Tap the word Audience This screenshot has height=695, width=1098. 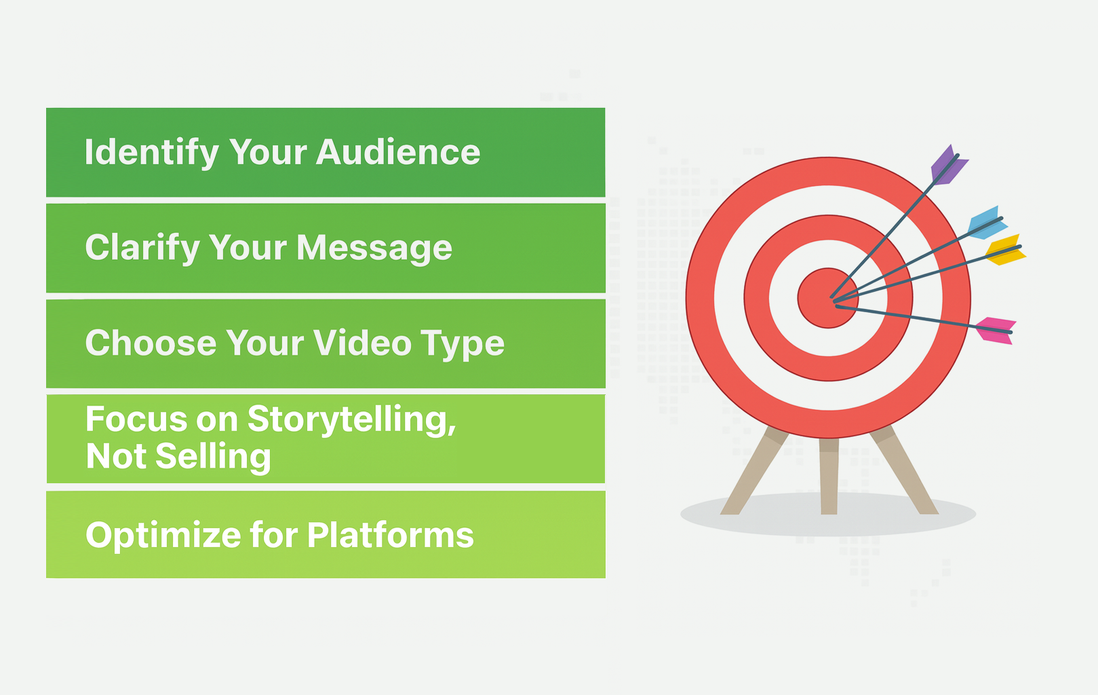pyautogui.click(x=398, y=152)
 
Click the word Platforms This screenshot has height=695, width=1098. pyautogui.click(x=390, y=535)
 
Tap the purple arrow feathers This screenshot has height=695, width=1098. pyautogui.click(x=949, y=166)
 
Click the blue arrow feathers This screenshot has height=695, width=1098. pyautogui.click(x=987, y=223)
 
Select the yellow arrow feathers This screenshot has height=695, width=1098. pyautogui.click(x=1006, y=250)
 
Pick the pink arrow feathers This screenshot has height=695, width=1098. pyautogui.click(x=996, y=331)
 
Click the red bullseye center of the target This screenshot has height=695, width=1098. pyautogui.click(x=827, y=298)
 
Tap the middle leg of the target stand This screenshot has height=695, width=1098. pyautogui.click(x=828, y=476)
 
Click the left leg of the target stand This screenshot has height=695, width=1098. pyautogui.click(x=754, y=471)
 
